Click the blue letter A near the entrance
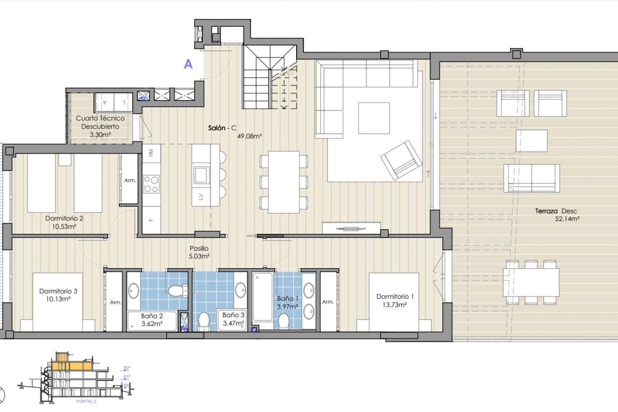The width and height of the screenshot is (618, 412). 188,64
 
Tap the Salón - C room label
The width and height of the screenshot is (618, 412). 222,128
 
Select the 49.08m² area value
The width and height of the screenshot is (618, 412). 249,136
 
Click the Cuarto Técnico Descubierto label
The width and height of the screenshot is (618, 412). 100,122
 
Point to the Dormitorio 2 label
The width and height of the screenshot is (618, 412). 64,218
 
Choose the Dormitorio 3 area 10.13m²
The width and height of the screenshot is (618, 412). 58,299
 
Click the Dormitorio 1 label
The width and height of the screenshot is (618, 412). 395,296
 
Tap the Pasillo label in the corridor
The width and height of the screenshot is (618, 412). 199,248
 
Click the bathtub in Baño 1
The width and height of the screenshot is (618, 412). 263,297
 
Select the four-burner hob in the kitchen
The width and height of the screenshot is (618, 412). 151,184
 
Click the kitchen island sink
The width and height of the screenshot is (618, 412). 201,175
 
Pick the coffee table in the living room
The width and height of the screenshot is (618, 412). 374,118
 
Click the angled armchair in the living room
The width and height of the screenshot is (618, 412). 401,160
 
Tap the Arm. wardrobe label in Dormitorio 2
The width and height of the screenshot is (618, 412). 130,181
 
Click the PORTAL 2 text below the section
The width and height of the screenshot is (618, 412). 86,401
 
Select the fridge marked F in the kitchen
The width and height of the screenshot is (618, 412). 151,220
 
